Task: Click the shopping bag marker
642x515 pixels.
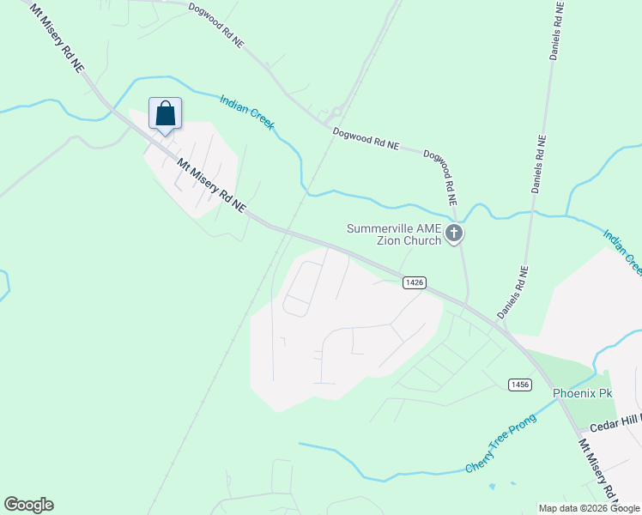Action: [165, 114]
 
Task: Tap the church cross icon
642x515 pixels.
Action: [455, 233]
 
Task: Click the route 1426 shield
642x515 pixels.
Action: [414, 282]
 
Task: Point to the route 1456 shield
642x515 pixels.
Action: [518, 385]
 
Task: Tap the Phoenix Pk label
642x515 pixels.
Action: [583, 393]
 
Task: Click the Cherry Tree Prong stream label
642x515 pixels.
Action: [500, 443]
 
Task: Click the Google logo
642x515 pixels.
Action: [28, 504]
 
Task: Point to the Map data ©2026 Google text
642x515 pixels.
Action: [588, 507]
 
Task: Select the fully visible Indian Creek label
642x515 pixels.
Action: [247, 112]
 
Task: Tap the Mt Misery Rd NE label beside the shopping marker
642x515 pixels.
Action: [211, 185]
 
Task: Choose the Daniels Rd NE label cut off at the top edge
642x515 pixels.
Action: [556, 30]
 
